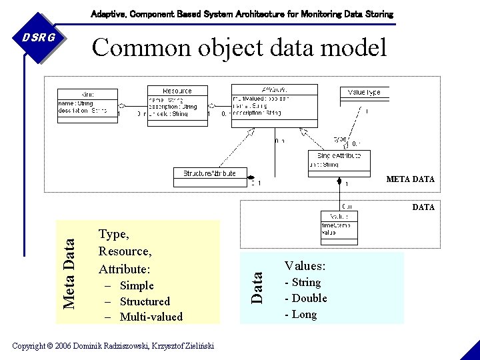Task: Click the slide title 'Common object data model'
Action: [x=239, y=47]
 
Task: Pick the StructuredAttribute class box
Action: [x=209, y=173]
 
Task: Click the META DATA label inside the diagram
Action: [x=410, y=179]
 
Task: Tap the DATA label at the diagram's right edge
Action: [x=423, y=207]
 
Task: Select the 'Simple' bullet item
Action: [x=137, y=285]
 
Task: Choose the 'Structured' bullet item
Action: [x=145, y=301]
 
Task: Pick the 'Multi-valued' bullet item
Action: [x=151, y=317]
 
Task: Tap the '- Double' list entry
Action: [x=306, y=298]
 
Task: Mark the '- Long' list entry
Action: [x=301, y=314]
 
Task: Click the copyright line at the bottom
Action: [x=113, y=345]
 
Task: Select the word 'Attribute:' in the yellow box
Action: [x=125, y=269]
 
